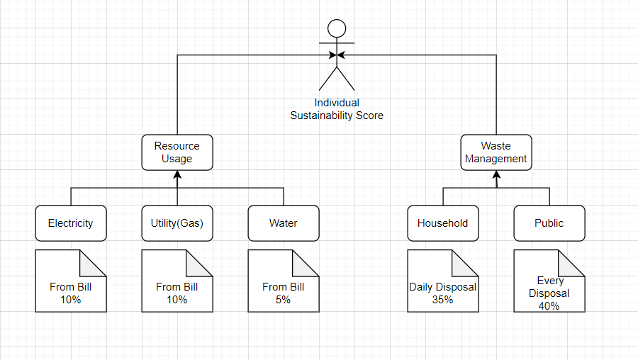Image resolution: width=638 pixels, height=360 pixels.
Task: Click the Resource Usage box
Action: (x=177, y=152)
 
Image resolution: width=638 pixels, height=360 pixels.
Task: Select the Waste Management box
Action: (x=496, y=152)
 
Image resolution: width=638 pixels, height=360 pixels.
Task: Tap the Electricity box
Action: (x=70, y=223)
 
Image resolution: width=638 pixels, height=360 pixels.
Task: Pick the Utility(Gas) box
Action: (x=177, y=223)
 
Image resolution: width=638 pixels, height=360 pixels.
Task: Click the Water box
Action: (x=283, y=223)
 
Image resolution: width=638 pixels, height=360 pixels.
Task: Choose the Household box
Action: (x=442, y=223)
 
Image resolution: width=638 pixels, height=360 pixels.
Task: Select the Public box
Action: (x=549, y=223)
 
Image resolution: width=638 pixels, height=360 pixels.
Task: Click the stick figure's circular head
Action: (x=337, y=29)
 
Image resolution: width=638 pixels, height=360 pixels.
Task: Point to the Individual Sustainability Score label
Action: (x=337, y=109)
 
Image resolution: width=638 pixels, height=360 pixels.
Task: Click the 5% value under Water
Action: (x=283, y=300)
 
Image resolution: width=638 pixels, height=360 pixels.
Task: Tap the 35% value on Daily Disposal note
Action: (x=442, y=300)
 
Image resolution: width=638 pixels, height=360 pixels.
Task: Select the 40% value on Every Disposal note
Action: (x=549, y=306)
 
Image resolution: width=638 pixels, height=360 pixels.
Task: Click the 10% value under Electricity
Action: (x=70, y=300)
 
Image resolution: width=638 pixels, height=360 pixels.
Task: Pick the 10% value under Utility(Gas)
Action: (x=177, y=300)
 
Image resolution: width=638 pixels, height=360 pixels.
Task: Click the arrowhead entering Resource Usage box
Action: (x=177, y=174)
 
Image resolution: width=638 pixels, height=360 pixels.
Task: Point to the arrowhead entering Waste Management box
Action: (x=496, y=174)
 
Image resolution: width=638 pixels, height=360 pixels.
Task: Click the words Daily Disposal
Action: (x=442, y=287)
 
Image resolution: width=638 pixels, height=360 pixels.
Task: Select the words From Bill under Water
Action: (x=283, y=287)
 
